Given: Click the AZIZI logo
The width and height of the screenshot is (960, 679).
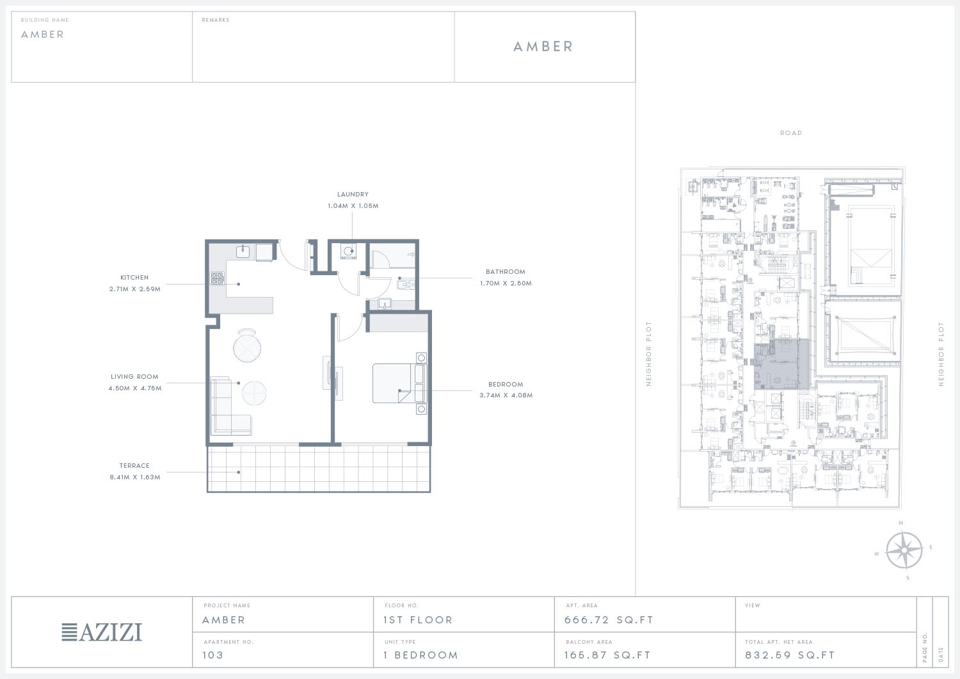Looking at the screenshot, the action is (x=102, y=632).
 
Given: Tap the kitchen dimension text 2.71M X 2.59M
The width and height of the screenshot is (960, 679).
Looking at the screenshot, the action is (x=134, y=289).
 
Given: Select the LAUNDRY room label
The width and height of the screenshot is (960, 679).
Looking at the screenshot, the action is (x=353, y=194).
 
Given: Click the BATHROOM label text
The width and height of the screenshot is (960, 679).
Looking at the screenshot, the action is (x=506, y=272).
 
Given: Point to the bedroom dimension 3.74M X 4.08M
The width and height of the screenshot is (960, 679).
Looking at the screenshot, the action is (x=506, y=395).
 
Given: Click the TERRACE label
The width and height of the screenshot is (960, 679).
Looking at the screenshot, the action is (x=134, y=465).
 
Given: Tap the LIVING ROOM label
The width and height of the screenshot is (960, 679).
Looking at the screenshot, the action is (x=134, y=377).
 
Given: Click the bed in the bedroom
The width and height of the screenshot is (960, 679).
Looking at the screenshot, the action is (x=399, y=383).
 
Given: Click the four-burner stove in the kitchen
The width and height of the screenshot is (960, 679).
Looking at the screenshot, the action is (x=218, y=278).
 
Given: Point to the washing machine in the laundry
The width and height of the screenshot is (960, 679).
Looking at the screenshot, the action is (x=348, y=252).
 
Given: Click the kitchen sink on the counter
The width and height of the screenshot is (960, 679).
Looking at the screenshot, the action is (x=243, y=252).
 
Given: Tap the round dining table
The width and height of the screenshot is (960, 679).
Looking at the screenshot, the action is (x=247, y=348).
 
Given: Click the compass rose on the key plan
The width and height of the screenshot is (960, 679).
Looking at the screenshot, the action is (x=904, y=550).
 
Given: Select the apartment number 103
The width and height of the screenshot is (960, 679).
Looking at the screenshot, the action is (x=213, y=655).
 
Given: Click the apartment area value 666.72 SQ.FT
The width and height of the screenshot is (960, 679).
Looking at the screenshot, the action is (x=609, y=620).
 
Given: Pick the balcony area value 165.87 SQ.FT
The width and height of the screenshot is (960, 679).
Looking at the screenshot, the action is (x=607, y=655).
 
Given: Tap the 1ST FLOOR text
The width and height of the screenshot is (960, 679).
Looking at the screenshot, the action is (x=418, y=620).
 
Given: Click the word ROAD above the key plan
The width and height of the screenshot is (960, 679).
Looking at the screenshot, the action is (x=790, y=133).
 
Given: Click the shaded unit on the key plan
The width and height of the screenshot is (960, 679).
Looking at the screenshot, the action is (x=781, y=364).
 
